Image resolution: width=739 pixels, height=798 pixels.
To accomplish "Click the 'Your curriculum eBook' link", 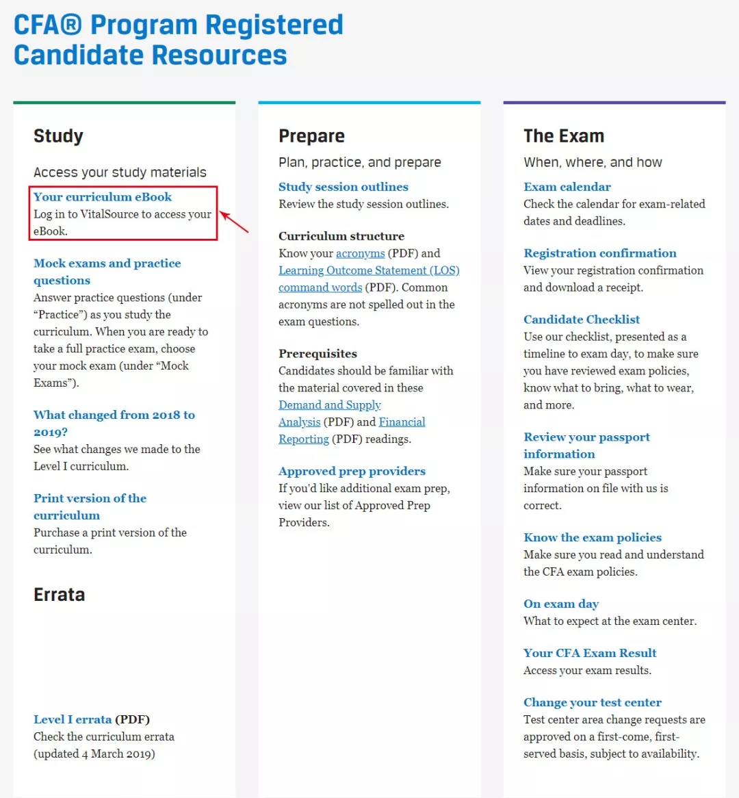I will (103, 197).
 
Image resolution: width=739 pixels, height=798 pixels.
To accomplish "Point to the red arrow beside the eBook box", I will (234, 222).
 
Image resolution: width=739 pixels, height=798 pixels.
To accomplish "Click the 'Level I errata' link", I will (73, 719).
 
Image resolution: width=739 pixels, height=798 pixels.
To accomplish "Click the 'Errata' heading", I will (59, 595).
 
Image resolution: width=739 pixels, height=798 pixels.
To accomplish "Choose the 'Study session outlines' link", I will (343, 187).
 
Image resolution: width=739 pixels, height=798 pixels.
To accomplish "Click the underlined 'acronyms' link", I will (360, 253).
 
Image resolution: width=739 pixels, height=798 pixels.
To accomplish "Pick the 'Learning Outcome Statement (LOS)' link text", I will (369, 270).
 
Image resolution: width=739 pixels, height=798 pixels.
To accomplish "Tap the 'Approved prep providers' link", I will (352, 472).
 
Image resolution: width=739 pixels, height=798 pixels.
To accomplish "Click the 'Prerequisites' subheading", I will (317, 354).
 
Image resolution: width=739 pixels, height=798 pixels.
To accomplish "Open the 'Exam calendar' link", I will (567, 187).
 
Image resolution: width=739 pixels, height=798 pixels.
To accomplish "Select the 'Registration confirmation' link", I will (599, 253).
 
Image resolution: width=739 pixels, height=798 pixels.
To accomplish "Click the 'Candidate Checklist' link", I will (582, 320).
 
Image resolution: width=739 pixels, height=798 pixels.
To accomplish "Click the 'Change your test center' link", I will (592, 703).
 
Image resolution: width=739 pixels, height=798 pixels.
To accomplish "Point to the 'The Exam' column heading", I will (563, 136).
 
